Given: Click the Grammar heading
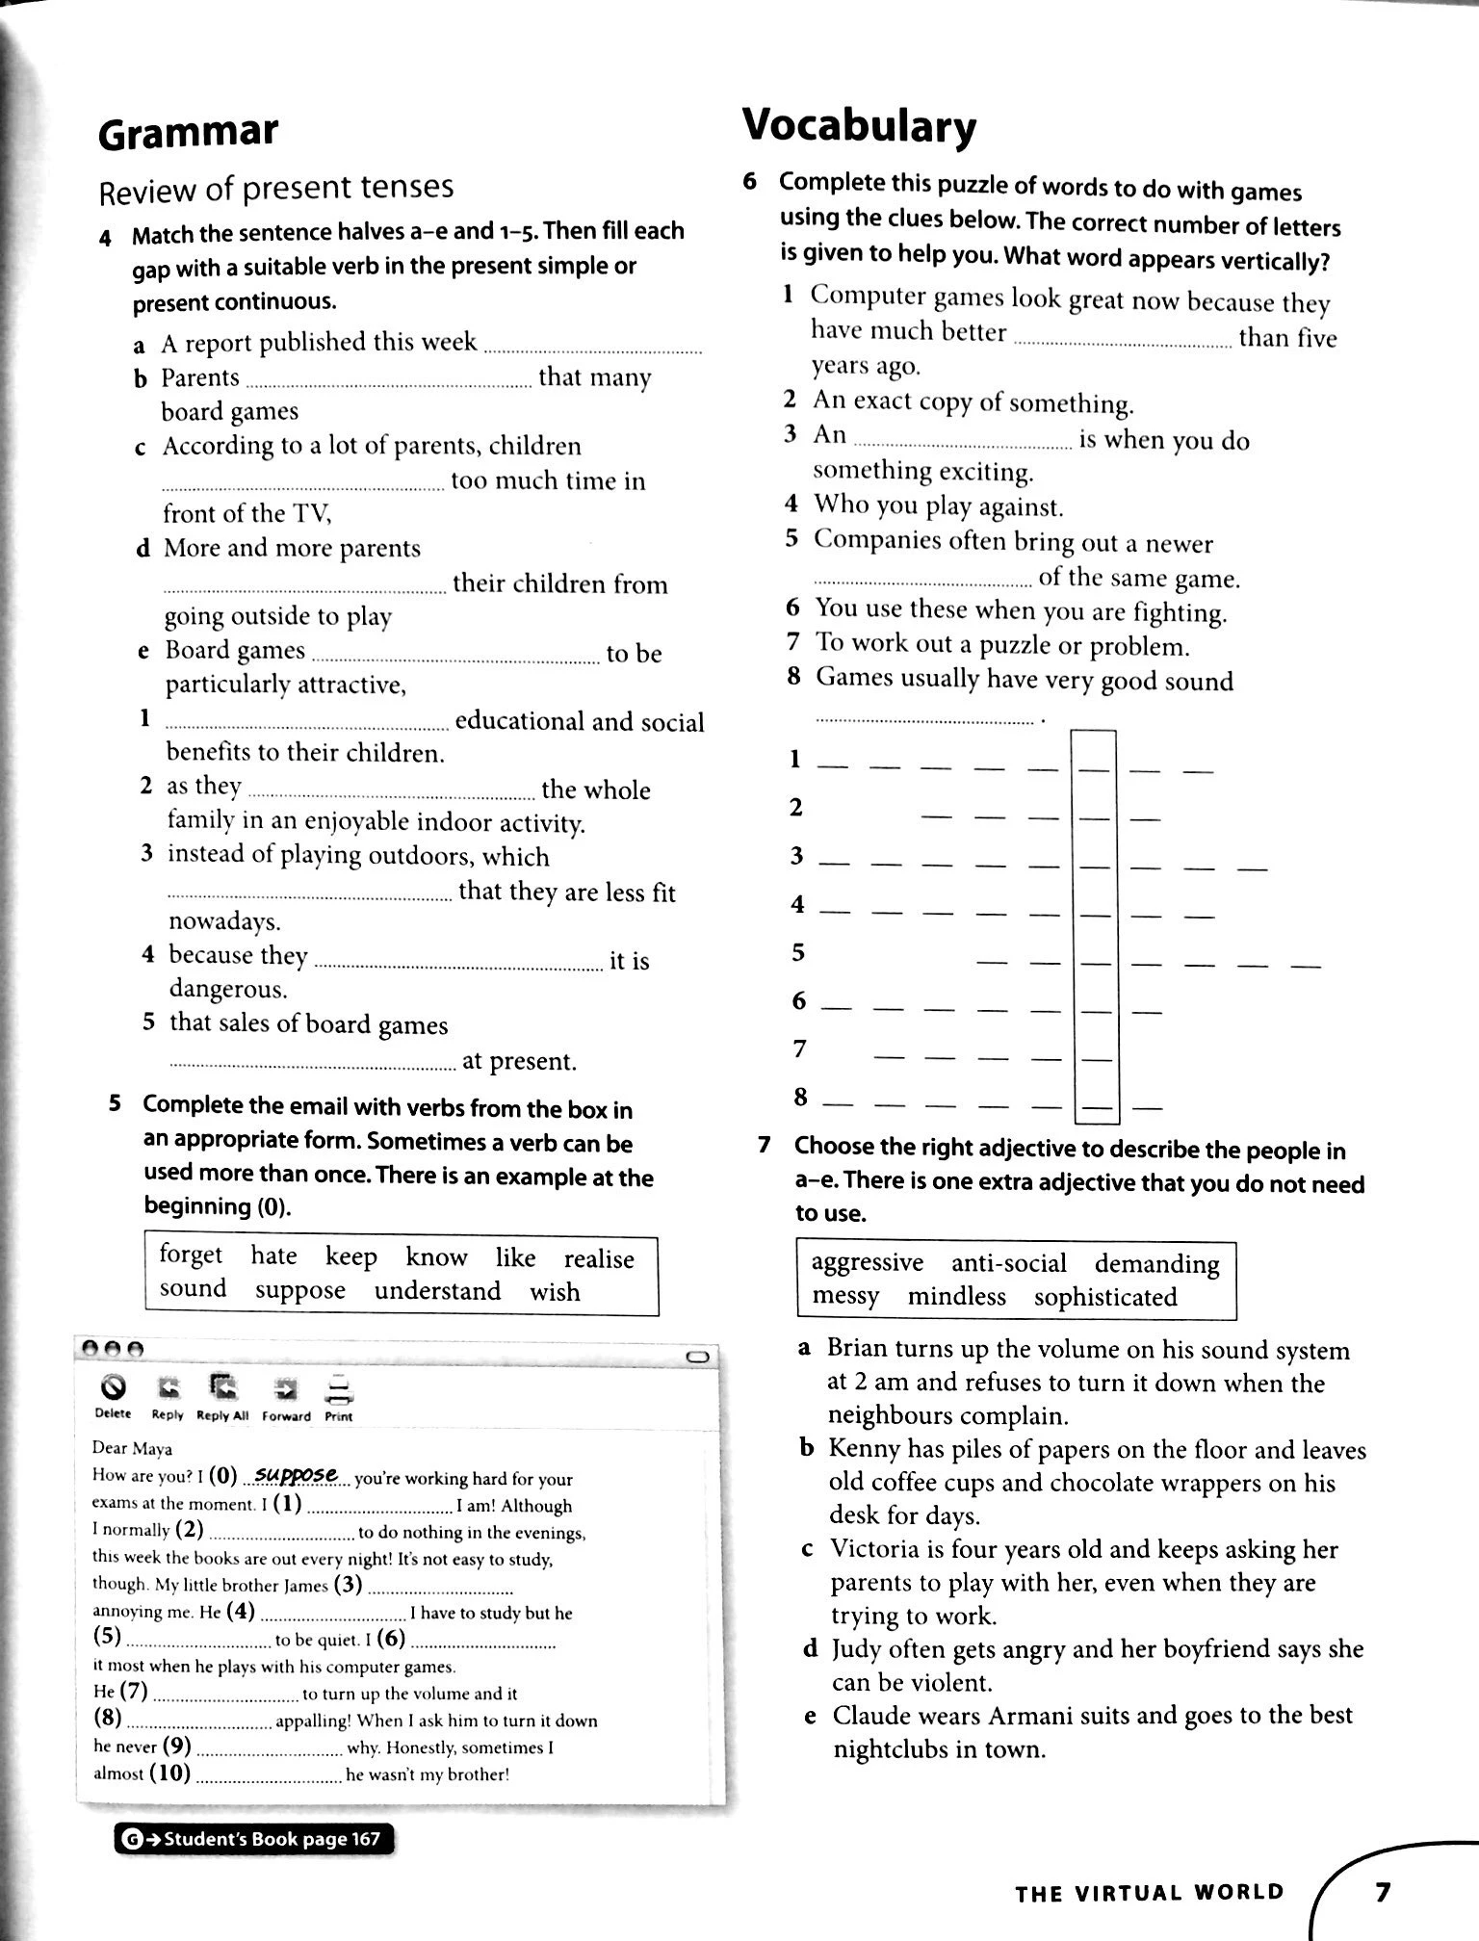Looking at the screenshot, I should [x=188, y=132].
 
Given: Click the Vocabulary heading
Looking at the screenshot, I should [x=859, y=126].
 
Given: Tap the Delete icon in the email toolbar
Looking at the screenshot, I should [x=113, y=1389].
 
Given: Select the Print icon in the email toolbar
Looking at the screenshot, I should [x=339, y=1390].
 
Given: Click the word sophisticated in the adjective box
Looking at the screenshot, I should [x=1105, y=1297].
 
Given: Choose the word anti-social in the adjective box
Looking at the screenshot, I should [x=1008, y=1263].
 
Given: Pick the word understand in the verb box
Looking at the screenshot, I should [x=437, y=1290].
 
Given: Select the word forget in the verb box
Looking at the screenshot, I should [x=191, y=1255].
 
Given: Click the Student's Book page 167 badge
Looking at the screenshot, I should [x=255, y=1839].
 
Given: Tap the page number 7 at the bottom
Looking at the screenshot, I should [x=1383, y=1892].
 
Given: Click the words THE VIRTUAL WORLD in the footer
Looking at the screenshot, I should [x=1150, y=1893].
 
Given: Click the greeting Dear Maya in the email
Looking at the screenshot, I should [x=132, y=1448].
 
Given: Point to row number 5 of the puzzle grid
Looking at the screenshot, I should [x=797, y=952].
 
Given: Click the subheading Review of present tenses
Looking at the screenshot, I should [x=276, y=188].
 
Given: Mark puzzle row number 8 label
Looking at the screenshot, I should [x=799, y=1097].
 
